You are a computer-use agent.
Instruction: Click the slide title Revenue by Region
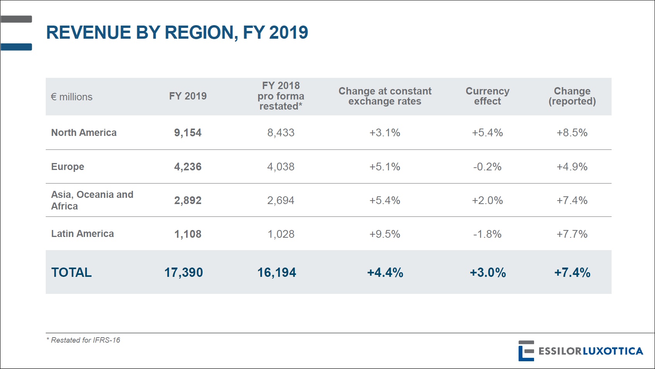coord(177,33)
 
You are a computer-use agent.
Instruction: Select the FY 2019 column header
coord(188,96)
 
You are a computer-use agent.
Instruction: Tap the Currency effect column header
coord(487,96)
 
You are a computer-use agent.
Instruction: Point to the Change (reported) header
coord(572,96)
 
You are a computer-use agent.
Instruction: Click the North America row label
coord(84,133)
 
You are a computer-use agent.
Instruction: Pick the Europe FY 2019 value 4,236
coord(188,167)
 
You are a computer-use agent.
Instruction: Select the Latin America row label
coord(83,234)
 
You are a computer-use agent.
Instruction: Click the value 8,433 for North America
coord(281,133)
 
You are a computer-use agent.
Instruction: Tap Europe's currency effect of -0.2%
coord(487,167)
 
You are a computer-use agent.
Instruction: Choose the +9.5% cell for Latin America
coord(384,234)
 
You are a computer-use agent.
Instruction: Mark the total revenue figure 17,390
coord(183,273)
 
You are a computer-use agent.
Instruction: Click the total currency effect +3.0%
coord(488,273)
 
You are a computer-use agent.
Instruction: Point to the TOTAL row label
coord(71,273)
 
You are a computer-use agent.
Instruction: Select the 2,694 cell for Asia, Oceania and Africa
coord(281,201)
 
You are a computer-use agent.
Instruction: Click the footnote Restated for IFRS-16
coord(83,340)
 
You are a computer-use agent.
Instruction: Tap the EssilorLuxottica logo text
coord(590,351)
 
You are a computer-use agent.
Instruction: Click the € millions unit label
coord(72,97)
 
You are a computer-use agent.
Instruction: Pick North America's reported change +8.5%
coord(572,133)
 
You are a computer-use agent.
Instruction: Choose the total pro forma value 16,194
coord(276,273)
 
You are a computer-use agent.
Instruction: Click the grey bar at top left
coord(16,19)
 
